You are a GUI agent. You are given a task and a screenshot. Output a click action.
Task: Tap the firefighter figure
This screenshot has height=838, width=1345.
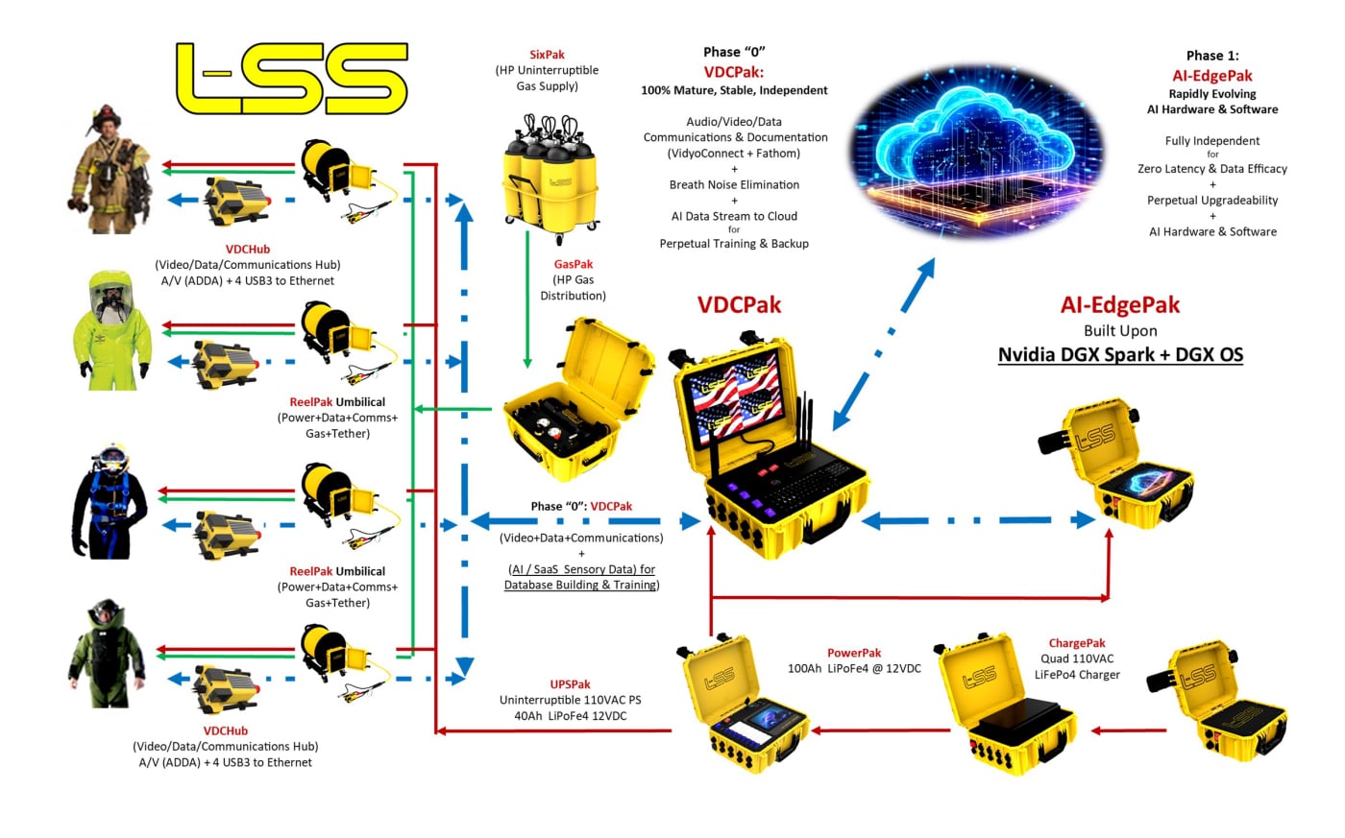[x=110, y=170]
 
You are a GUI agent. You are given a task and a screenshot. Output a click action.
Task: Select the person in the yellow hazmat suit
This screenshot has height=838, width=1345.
[x=111, y=330]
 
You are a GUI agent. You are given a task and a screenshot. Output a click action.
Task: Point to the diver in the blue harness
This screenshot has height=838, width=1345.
[x=111, y=500]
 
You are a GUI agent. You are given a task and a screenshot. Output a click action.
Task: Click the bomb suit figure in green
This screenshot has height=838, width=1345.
[x=106, y=655]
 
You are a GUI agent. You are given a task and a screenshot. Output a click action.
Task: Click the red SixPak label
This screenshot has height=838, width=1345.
[x=547, y=56]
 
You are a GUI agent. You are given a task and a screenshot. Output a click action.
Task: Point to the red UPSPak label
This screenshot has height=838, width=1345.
[x=570, y=684]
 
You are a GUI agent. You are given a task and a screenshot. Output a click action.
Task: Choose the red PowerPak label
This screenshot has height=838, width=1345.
[x=854, y=653]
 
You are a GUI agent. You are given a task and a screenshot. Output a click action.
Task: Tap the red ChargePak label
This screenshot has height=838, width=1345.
[x=1077, y=643]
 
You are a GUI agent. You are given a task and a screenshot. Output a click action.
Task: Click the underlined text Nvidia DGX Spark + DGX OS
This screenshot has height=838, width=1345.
[x=1120, y=355]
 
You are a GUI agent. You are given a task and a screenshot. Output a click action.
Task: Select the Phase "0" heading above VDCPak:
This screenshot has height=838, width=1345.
[x=734, y=53]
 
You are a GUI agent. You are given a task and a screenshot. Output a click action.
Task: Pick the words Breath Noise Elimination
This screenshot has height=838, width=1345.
[x=734, y=184]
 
